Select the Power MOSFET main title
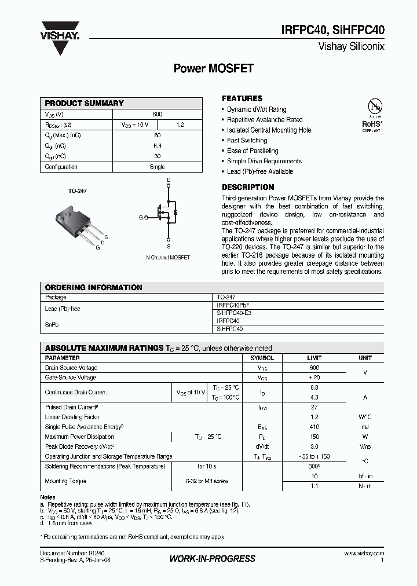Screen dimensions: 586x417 (x=214, y=68)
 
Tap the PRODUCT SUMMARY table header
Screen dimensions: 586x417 (x=85, y=103)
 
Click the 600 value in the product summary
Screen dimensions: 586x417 (x=158, y=114)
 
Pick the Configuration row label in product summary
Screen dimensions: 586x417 (x=61, y=167)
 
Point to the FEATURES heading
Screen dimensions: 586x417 (x=242, y=98)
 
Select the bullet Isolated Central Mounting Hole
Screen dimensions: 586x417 (x=269, y=130)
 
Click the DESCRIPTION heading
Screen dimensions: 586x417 (x=248, y=187)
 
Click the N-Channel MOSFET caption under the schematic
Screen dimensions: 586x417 (x=168, y=257)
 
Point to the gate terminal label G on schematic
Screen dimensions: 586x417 (x=140, y=217)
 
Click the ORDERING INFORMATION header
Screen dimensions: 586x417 (x=93, y=287)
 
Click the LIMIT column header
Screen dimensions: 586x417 (x=314, y=358)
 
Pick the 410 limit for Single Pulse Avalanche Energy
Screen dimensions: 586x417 (x=314, y=427)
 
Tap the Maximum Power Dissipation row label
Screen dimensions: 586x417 (x=79, y=437)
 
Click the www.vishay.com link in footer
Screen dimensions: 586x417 (x=364, y=554)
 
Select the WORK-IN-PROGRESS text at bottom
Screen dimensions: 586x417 (x=212, y=559)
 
